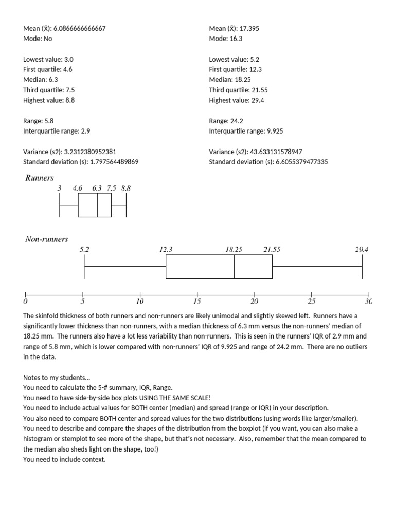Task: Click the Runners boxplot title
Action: coord(40,178)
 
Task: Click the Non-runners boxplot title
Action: coord(47,239)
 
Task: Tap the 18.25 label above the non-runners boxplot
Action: coord(234,249)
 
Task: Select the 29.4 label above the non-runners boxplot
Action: coord(362,249)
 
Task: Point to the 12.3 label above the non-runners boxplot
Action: coord(166,249)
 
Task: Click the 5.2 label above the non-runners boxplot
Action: coord(84,249)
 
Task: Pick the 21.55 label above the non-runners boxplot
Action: coord(272,249)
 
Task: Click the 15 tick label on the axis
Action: coord(197,301)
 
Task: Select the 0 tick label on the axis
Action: coord(25,301)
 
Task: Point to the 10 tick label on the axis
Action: coord(140,301)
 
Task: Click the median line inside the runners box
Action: coord(97,205)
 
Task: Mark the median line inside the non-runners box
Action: coord(234,267)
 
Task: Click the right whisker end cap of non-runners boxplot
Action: coord(362,267)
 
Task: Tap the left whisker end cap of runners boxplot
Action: coord(60,205)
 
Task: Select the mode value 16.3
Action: coord(236,39)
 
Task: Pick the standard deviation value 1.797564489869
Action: coord(107,162)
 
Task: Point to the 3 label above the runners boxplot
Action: coord(59,189)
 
